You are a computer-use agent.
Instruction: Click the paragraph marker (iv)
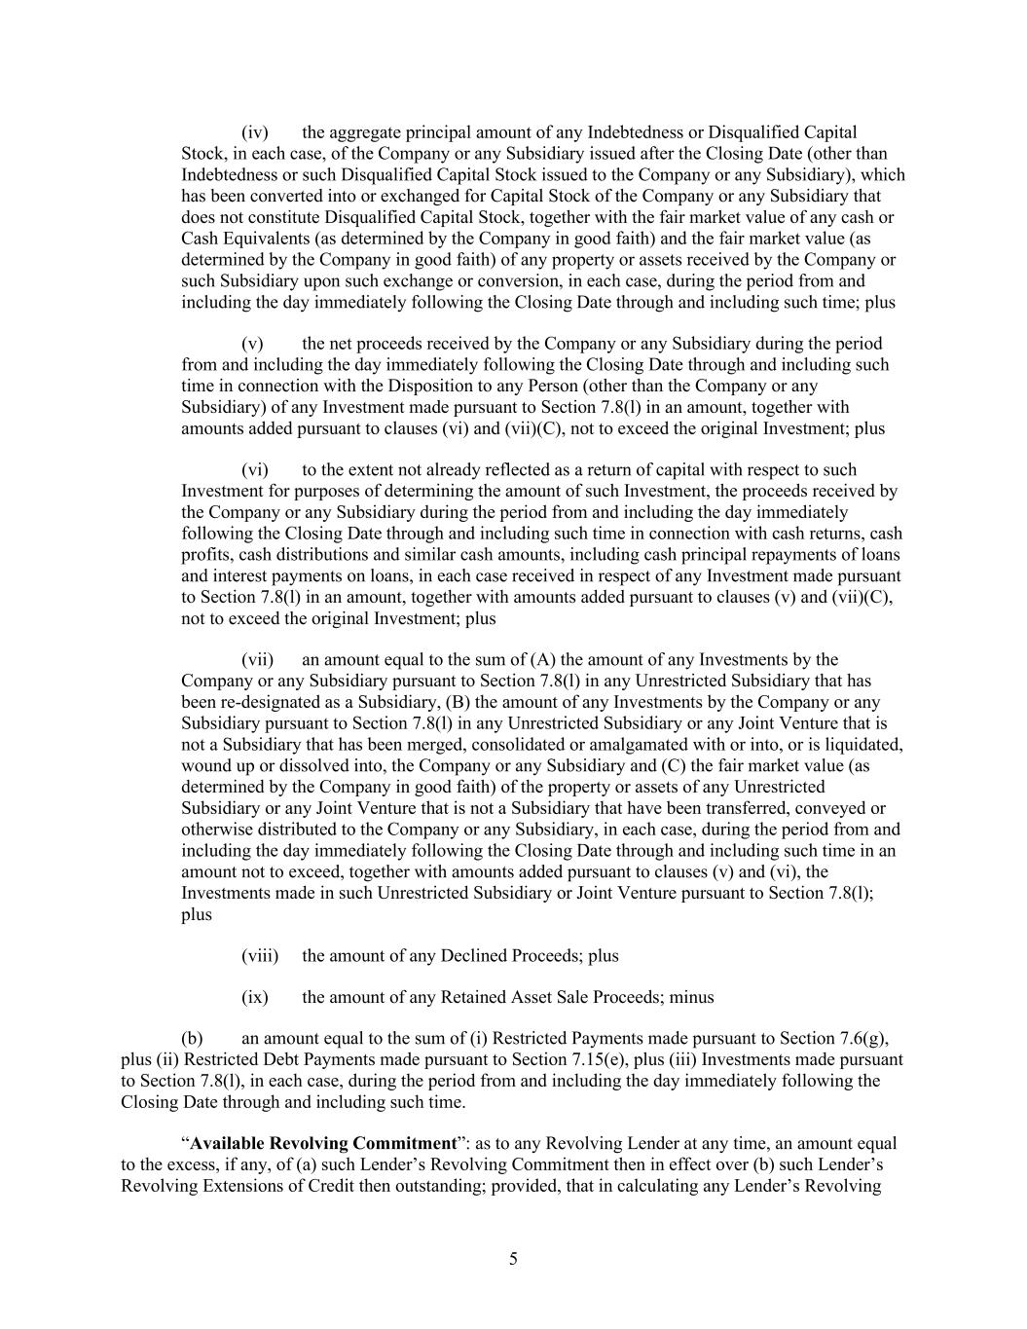pyautogui.click(x=254, y=132)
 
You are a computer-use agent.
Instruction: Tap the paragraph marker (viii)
pyautogui.click(x=259, y=955)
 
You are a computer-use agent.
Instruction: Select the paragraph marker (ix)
pyautogui.click(x=254, y=997)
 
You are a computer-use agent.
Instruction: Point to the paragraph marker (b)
pyautogui.click(x=192, y=1038)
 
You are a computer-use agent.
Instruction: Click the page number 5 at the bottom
pyautogui.click(x=513, y=1259)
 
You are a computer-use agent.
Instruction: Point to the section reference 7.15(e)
pyautogui.click(x=592, y=1059)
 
